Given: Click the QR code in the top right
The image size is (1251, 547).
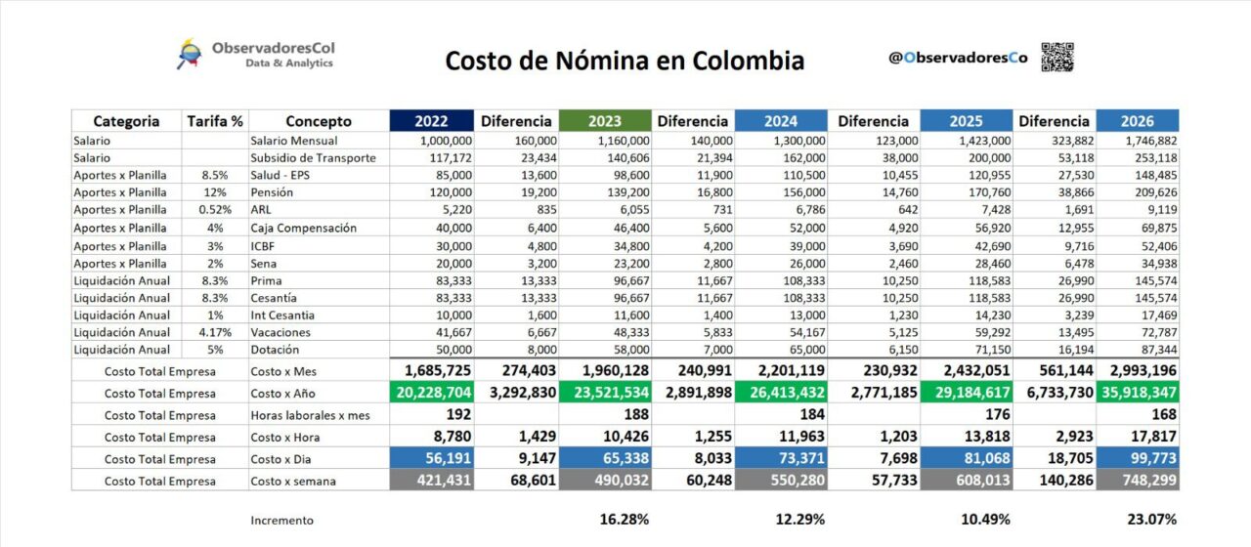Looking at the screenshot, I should [x=1057, y=57].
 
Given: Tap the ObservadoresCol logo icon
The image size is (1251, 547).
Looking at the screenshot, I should [x=188, y=54].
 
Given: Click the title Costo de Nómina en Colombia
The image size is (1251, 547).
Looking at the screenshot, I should [x=625, y=61].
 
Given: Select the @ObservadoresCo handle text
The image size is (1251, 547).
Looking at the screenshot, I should [x=958, y=58].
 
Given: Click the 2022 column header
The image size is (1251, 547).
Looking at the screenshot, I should [x=431, y=121].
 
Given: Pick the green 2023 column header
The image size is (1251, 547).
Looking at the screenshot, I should [x=605, y=121].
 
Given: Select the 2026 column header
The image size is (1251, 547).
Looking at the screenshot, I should [x=1138, y=121].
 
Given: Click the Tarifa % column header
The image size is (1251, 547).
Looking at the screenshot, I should [x=215, y=121].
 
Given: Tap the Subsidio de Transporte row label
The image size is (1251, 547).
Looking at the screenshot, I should [x=313, y=157].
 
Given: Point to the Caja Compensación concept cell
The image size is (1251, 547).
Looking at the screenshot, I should [x=303, y=228].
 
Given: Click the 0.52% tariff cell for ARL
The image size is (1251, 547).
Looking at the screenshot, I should [x=215, y=210].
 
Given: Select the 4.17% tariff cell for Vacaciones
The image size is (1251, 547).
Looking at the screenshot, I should [x=215, y=332].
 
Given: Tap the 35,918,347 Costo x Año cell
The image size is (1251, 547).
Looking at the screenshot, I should [x=1138, y=394].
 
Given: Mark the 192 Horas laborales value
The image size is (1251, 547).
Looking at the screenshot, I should [x=431, y=415].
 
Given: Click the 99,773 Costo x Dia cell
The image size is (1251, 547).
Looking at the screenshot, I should [x=1143, y=459].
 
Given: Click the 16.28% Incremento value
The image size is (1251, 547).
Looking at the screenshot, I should [x=625, y=520].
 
